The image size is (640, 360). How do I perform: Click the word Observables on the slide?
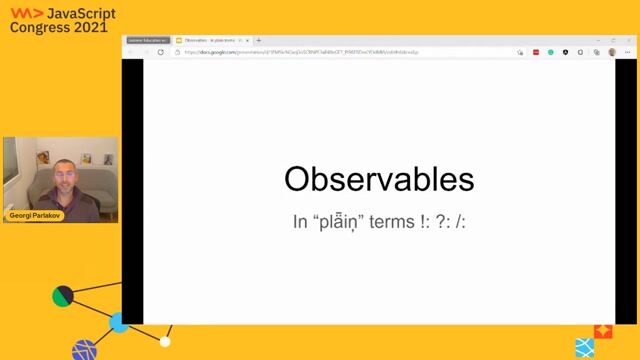(378, 179)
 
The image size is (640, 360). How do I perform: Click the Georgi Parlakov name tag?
(35, 215)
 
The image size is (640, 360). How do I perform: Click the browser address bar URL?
(300, 52)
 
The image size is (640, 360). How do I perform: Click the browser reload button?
(161, 52)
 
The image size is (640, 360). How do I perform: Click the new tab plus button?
(259, 41)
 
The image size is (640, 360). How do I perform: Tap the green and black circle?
(62, 296)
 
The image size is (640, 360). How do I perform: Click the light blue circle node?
(119, 322)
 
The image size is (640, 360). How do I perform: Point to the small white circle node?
(165, 341)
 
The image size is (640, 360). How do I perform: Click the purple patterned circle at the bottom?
(84, 350)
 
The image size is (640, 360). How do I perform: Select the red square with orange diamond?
(603, 330)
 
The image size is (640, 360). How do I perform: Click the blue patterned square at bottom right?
(585, 347)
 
